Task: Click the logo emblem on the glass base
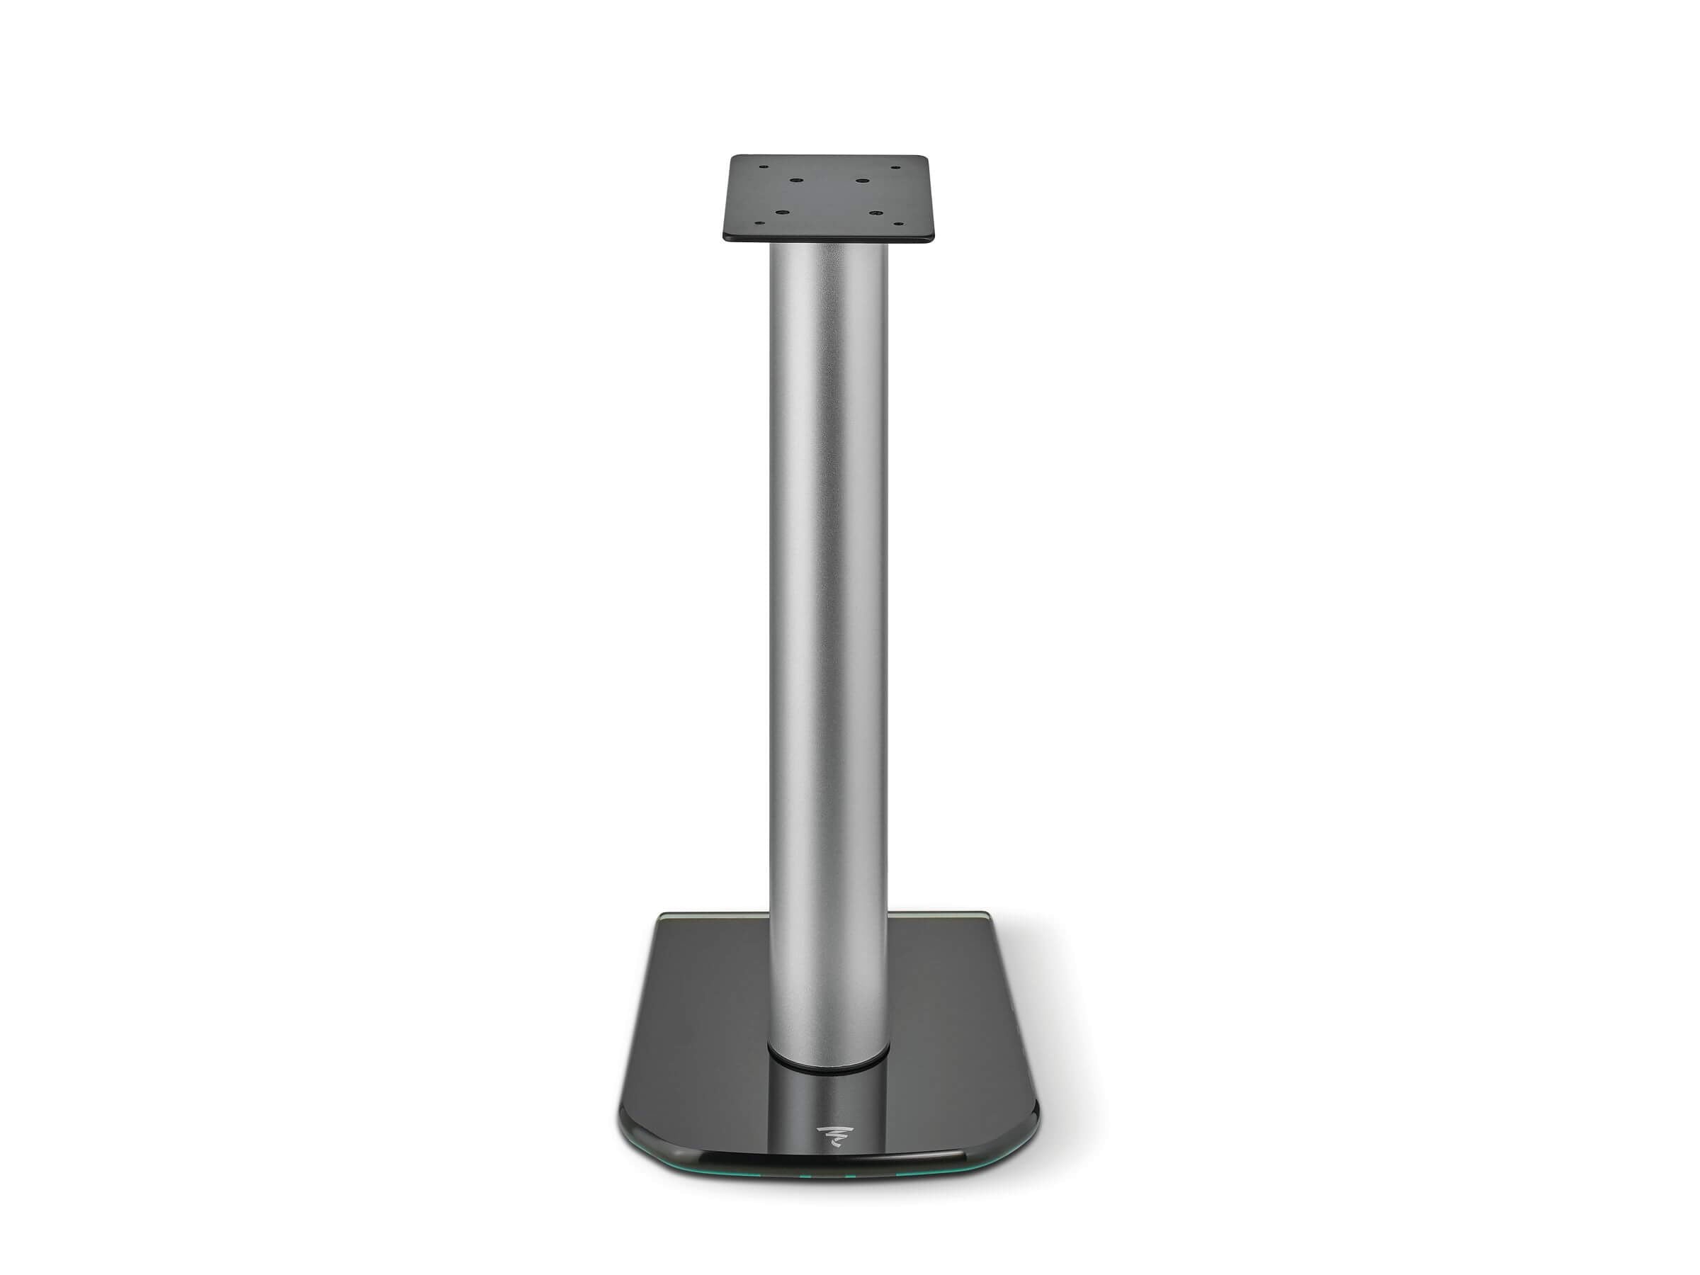coord(828,1133)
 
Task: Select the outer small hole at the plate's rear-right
coord(895,165)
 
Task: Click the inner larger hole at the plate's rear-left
coord(795,181)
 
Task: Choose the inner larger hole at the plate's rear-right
coord(863,181)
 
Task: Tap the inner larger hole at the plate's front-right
coord(874,212)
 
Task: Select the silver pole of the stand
coord(828,615)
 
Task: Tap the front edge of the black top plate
coord(829,242)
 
